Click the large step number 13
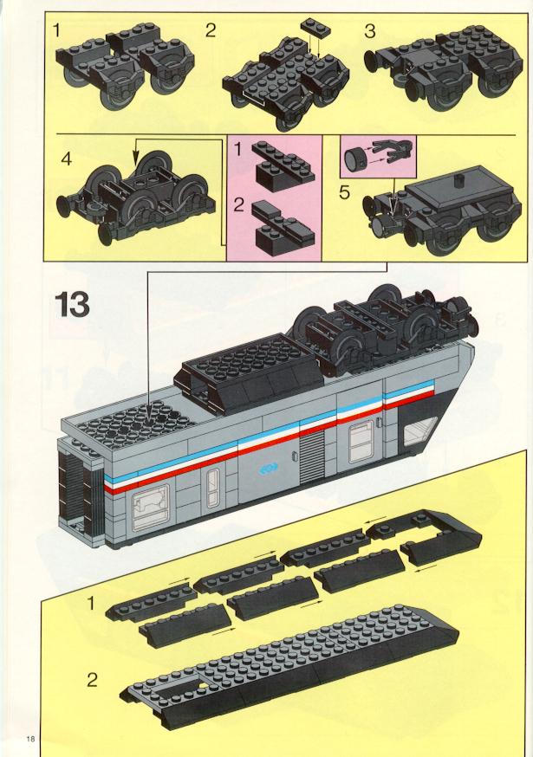tap(73, 304)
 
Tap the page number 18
tap(31, 739)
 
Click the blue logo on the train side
tap(269, 468)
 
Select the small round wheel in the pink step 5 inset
tap(356, 157)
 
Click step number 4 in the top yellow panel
tap(67, 159)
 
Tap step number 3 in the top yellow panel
tap(370, 31)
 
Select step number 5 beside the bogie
tap(344, 192)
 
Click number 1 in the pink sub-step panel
tap(237, 150)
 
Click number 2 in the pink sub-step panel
tap(238, 205)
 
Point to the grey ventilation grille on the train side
tap(311, 457)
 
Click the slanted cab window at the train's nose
tap(419, 431)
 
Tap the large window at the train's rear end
tap(150, 507)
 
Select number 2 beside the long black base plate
tap(92, 680)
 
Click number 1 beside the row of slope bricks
tap(90, 603)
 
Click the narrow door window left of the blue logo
tap(212, 488)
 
